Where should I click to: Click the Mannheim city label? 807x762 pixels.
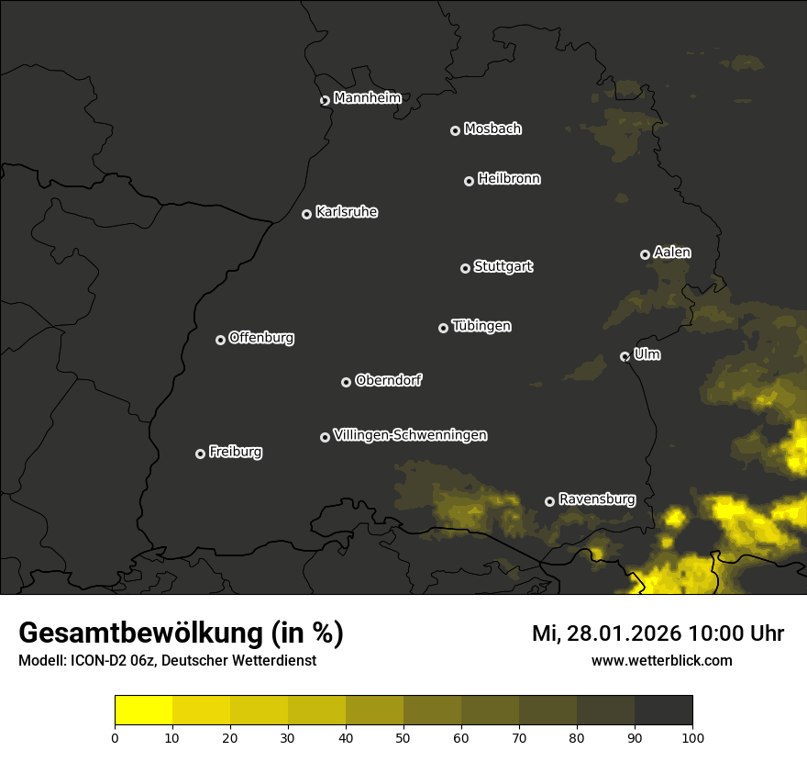pos(367,98)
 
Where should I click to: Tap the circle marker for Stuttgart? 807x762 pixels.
pos(465,268)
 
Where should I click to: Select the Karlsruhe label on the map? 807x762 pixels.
pos(346,212)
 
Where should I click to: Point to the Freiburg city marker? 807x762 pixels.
pos(200,454)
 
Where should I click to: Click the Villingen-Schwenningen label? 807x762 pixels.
pos(410,435)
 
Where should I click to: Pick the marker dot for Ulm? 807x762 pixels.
pos(625,356)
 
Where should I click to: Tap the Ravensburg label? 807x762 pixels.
pos(596,499)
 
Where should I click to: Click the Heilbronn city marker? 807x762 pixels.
pos(469,181)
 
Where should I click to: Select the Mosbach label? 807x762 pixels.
pos(492,129)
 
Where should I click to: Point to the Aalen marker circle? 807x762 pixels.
pos(645,254)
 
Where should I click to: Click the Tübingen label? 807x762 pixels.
pos(481,326)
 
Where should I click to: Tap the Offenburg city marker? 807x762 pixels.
pos(220,340)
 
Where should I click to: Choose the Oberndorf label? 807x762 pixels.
pos(388,380)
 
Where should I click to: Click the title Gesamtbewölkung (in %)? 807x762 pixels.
pos(181,633)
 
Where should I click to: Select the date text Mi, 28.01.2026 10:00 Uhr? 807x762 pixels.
pos(658,633)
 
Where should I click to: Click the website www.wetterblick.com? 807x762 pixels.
pos(661,660)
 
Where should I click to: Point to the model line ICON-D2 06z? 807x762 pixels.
pos(167,660)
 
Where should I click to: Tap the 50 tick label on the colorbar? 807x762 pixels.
pos(403,736)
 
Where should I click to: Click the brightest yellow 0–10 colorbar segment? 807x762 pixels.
pos(143,711)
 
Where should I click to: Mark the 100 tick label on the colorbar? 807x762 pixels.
pos(692,736)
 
